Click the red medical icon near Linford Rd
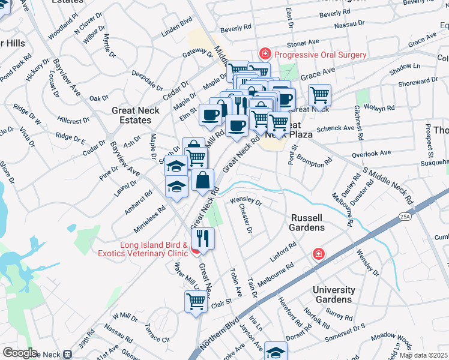pyautogui.click(x=318, y=254)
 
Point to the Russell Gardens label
pyautogui.click(x=316, y=223)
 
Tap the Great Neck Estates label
pyautogui.click(x=136, y=115)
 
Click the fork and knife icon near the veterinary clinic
pyautogui.click(x=203, y=238)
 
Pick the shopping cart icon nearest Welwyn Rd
pyautogui.click(x=319, y=95)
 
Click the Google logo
pyautogui.click(x=20, y=353)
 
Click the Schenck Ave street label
pyautogui.click(x=336, y=128)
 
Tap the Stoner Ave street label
pyautogui.click(x=303, y=43)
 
